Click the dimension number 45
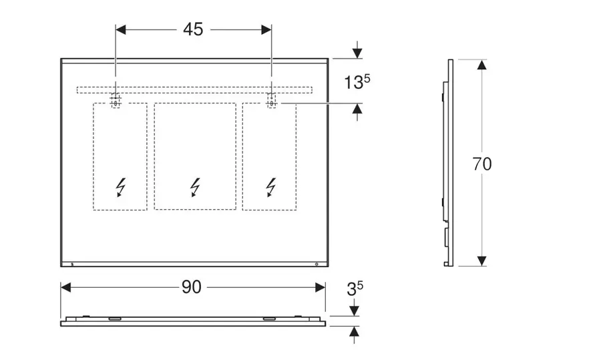tap(193, 29)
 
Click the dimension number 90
tap(192, 287)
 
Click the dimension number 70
tap(481, 164)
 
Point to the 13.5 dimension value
tap(357, 82)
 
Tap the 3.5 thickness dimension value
tap(355, 289)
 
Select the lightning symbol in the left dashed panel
tap(121, 187)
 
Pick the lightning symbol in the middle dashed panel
tap(195, 187)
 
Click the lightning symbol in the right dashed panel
tap(270, 187)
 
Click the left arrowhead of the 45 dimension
tap(121, 29)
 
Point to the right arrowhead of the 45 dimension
tap(266, 29)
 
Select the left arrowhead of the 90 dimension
tap(65, 287)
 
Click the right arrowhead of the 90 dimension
tap(321, 287)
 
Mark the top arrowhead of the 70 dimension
tap(481, 64)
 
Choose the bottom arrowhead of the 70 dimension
tap(481, 260)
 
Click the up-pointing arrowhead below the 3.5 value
tap(355, 331)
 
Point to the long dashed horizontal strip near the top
tap(194, 89)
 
